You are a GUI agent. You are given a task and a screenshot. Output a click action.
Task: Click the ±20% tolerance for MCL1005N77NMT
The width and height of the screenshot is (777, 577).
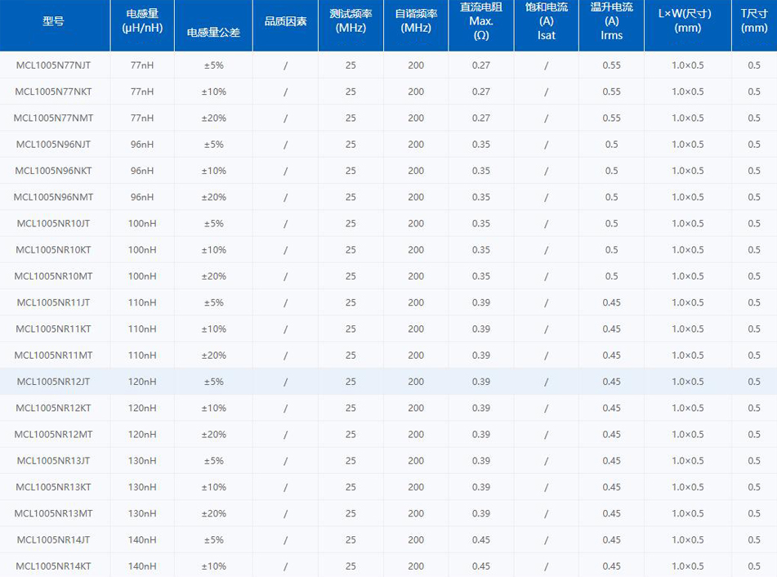coord(213,118)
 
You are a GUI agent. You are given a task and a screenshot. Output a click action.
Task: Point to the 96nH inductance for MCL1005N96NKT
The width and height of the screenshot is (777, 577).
coord(142,171)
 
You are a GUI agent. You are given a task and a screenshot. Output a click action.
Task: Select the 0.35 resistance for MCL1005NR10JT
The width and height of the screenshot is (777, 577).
coord(481,223)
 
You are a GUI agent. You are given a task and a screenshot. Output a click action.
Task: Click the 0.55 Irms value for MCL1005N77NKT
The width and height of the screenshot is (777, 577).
coord(611,92)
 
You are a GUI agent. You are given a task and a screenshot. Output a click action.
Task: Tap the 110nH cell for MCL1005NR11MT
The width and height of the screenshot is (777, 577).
coord(142,356)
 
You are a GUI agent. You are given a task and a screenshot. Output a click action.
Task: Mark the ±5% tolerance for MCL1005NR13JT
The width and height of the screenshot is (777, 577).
coord(213,461)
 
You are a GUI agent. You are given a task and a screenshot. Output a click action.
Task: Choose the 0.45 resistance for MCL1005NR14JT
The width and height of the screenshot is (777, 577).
coord(481,539)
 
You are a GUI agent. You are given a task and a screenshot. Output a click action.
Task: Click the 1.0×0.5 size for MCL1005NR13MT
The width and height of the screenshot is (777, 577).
coord(687,513)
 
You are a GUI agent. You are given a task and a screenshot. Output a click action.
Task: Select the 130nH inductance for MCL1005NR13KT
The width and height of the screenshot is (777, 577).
coord(142,487)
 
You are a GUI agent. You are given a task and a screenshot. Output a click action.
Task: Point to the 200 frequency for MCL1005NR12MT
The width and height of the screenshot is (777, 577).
coord(416,434)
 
